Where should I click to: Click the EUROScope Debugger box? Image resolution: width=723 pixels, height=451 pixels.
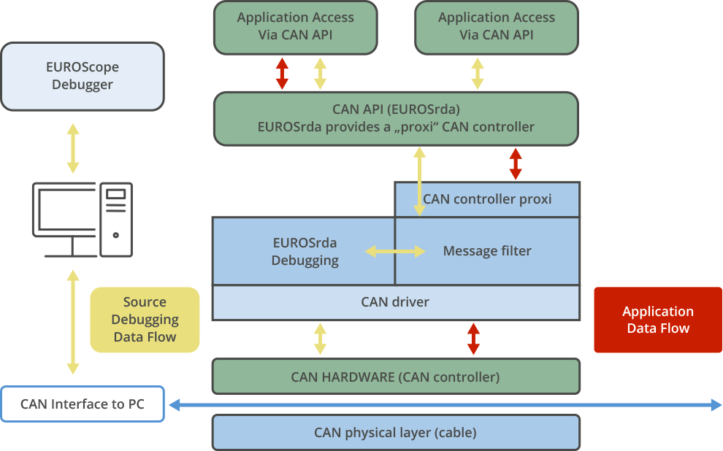click(82, 76)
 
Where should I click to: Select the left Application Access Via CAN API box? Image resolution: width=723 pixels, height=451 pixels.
click(295, 27)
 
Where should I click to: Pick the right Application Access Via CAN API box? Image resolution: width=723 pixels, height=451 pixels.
click(497, 27)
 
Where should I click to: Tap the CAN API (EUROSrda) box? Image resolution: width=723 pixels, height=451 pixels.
click(396, 118)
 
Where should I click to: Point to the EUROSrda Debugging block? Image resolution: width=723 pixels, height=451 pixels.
click(304, 251)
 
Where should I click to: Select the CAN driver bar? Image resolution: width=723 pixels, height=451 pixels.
click(396, 302)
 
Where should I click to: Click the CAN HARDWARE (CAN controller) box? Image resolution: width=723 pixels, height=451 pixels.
click(396, 377)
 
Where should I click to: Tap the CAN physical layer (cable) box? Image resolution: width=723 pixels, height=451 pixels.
click(396, 432)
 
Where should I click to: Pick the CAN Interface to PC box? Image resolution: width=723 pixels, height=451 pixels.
click(82, 404)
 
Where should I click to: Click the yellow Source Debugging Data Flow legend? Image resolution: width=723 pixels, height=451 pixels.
click(145, 320)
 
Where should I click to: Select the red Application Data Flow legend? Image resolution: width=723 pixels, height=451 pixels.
click(657, 320)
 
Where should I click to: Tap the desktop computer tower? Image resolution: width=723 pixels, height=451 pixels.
click(116, 219)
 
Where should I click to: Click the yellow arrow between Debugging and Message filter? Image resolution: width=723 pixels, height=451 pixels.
click(395, 252)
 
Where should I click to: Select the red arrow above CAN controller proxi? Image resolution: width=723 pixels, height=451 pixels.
click(516, 164)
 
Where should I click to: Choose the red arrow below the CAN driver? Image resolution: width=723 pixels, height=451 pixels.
click(473, 339)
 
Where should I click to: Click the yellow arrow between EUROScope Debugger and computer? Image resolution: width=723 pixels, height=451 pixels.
click(72, 148)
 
